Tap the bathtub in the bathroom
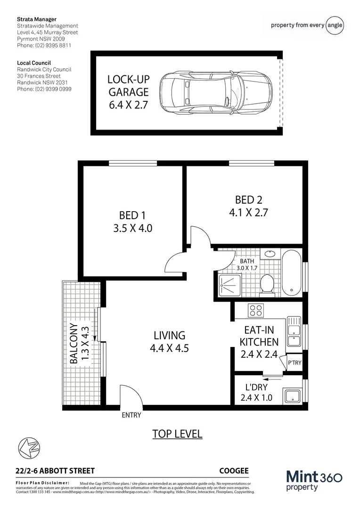(x=292, y=273)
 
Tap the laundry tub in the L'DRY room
(x=291, y=394)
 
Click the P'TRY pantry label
(x=294, y=363)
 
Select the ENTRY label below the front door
(x=131, y=415)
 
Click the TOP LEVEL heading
(x=177, y=434)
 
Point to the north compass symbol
(x=28, y=447)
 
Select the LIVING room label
(x=169, y=336)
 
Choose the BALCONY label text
(x=74, y=343)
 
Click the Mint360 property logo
(x=314, y=481)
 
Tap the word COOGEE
(x=234, y=470)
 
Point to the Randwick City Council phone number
(x=44, y=89)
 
